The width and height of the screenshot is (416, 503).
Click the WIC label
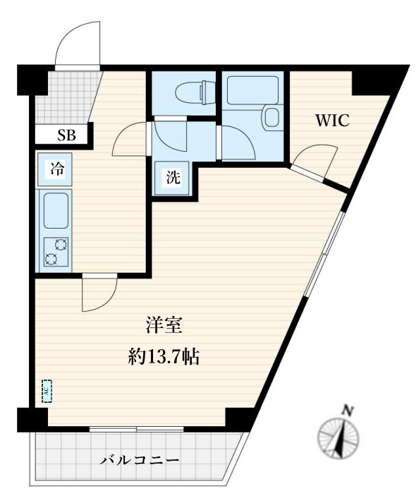coord(332,121)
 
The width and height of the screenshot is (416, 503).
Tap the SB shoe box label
coord(67,135)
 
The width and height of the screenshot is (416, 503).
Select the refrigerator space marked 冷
coord(55,169)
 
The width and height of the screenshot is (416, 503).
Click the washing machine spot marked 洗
coord(173,178)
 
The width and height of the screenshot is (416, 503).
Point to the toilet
coord(195,92)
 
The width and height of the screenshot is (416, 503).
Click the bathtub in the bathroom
coord(252,90)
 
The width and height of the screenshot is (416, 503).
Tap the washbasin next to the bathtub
coord(271,117)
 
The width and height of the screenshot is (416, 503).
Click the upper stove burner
coord(61,245)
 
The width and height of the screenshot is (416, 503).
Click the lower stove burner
coord(51,259)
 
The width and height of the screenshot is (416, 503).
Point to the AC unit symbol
coord(47,391)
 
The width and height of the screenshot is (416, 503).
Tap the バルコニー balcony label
coord(140,461)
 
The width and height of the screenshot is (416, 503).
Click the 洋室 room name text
coord(164,325)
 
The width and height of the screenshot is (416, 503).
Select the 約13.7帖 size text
coord(164,356)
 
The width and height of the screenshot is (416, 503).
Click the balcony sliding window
coord(137,429)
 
